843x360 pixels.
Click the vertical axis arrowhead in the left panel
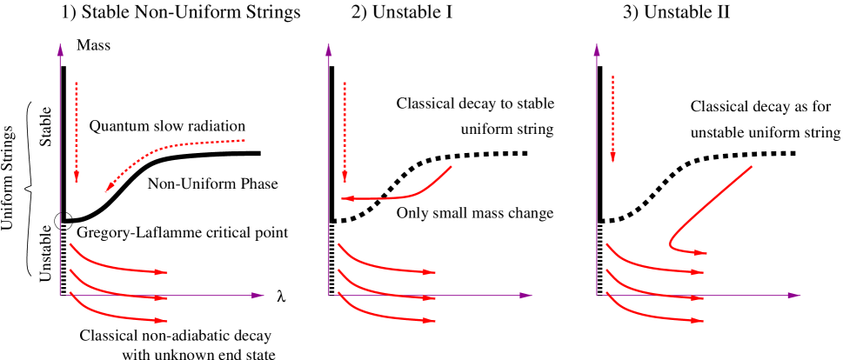coord(60,49)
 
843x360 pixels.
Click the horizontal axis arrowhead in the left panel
coord(258,296)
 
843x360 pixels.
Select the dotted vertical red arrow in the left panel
coord(77,130)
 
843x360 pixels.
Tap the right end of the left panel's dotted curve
coord(244,140)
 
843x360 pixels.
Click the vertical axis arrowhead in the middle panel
coord(329,49)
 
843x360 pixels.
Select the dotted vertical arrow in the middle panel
coord(345,130)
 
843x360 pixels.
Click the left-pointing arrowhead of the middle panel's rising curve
coord(345,199)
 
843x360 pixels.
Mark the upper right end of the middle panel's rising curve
coord(451,166)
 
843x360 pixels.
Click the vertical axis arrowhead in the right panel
coord(597,49)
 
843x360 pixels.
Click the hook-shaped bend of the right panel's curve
coord(671,244)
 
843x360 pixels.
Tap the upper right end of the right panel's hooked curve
coord(751,166)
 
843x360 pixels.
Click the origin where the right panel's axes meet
coord(597,296)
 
